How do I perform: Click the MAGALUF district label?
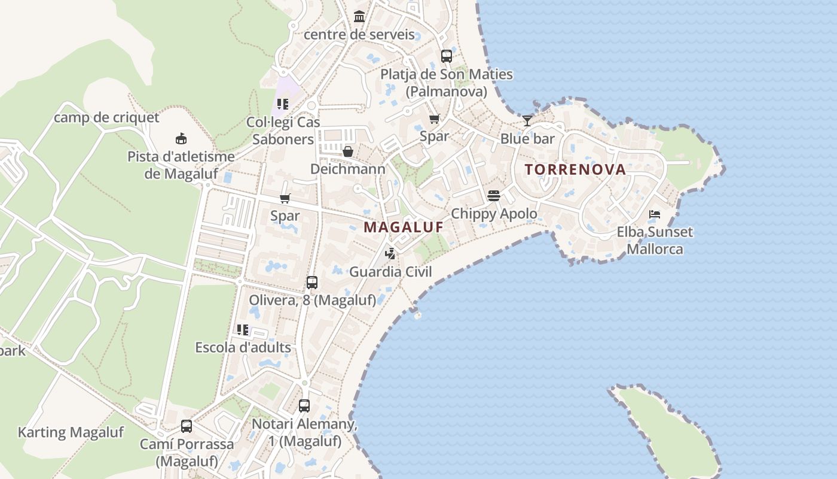pos(404,228)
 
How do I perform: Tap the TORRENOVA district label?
pos(575,169)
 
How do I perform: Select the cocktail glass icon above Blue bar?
pos(527,121)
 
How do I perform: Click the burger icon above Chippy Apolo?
pos(493,196)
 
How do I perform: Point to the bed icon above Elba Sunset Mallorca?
pos(655,214)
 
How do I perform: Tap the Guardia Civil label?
pos(390,272)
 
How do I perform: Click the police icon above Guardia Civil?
pos(390,254)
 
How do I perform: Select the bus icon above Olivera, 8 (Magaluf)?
pos(311,282)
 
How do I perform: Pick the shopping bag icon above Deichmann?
pos(347,151)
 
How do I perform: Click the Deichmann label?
pos(347,169)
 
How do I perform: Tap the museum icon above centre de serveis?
pos(359,16)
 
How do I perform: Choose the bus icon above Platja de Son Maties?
pos(446,56)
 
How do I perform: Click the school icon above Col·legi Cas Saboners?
pos(283,104)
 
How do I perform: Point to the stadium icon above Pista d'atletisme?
pos(181,139)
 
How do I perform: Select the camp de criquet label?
pos(106,117)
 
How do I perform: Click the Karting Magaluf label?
pos(71,432)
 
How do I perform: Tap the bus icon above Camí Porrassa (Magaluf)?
pos(187,426)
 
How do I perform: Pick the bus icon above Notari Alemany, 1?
pos(304,406)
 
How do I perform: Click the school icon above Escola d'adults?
pos(243,329)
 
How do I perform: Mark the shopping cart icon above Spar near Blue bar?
pos(434,119)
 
